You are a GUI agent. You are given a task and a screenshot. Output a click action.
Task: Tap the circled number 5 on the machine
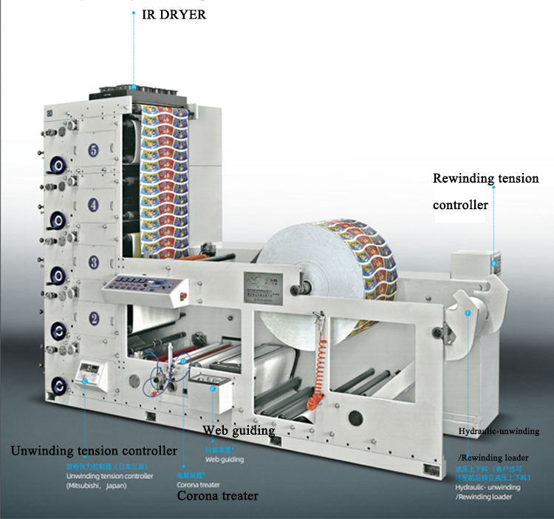(93, 151)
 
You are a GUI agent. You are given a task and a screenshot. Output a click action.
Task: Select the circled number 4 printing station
(93, 204)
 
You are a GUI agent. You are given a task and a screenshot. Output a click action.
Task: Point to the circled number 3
(93, 261)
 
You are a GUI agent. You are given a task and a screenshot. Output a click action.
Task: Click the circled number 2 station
(93, 319)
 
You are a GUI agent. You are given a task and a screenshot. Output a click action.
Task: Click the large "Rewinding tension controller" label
(485, 191)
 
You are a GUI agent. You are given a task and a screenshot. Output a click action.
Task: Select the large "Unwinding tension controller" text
(93, 450)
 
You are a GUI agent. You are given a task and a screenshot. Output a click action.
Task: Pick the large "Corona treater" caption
(217, 495)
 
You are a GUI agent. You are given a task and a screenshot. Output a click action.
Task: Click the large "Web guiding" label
(239, 430)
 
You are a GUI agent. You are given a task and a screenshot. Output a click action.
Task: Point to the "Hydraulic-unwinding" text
(498, 430)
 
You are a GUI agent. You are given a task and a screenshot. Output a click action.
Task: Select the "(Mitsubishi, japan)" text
(97, 486)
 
